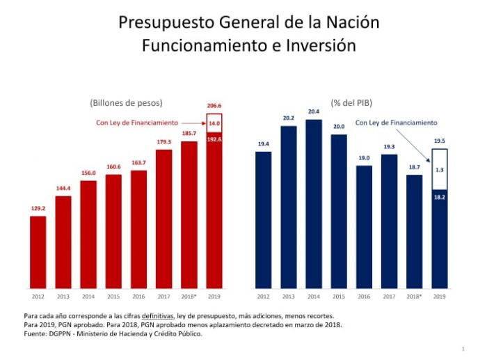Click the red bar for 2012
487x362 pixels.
pyautogui.click(x=38, y=252)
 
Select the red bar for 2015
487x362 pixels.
pyautogui.click(x=113, y=231)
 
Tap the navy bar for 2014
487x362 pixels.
pyautogui.click(x=313, y=203)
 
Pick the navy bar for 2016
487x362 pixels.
pyautogui.click(x=364, y=226)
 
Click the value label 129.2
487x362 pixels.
pyautogui.click(x=38, y=208)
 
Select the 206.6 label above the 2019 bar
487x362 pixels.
pyautogui.click(x=214, y=105)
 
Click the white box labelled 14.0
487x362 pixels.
pyautogui.click(x=214, y=123)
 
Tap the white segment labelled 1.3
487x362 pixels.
pyautogui.click(x=439, y=169)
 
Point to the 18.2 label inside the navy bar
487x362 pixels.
pyautogui.click(x=439, y=198)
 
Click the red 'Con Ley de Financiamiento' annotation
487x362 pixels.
pyautogui.click(x=136, y=123)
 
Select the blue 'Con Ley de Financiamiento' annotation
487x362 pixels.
pyautogui.click(x=396, y=123)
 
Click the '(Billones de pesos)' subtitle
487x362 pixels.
pyautogui.click(x=126, y=102)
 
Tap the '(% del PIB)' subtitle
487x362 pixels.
pyautogui.click(x=351, y=102)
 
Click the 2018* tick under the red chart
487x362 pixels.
pyautogui.click(x=189, y=297)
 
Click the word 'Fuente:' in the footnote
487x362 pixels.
pyautogui.click(x=35, y=334)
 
